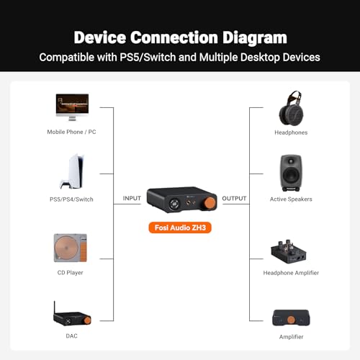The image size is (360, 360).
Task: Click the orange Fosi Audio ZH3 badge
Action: click(x=180, y=228)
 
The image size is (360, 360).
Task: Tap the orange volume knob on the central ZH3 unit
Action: click(x=210, y=203)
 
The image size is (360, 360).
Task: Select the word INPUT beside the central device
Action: click(x=132, y=198)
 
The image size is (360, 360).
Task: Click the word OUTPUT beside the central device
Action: click(x=234, y=199)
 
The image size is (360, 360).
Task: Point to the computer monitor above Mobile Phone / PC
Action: click(x=72, y=107)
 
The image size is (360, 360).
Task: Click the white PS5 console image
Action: click(x=72, y=171)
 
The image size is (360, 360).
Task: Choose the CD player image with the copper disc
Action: click(x=71, y=248)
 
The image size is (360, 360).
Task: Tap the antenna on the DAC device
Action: click(x=55, y=307)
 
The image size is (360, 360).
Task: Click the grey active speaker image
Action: click(x=291, y=173)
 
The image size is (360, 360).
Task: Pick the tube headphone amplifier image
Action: click(x=289, y=252)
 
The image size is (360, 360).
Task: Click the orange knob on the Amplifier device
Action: click(x=291, y=320)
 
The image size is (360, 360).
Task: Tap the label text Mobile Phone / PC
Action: click(x=71, y=132)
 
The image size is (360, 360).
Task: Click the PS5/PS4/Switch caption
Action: click(x=71, y=199)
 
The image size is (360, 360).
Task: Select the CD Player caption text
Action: click(x=71, y=273)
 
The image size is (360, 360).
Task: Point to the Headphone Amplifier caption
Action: click(x=291, y=273)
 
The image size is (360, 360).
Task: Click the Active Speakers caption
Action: click(x=291, y=199)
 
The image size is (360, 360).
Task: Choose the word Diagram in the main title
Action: click(x=255, y=37)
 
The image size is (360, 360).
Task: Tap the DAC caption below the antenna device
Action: click(x=71, y=336)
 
